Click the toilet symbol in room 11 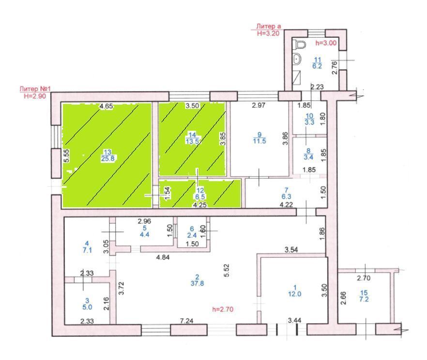[x=300, y=44]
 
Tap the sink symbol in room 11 [x=297, y=59]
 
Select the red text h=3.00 [x=326, y=43]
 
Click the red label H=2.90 [x=35, y=96]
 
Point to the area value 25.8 [x=107, y=158]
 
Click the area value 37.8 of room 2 [x=197, y=283]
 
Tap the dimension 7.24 [x=186, y=321]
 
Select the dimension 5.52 [x=226, y=270]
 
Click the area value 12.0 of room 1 [x=295, y=294]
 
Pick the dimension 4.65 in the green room [x=106, y=106]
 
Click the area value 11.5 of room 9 [x=259, y=141]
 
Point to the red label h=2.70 [x=223, y=309]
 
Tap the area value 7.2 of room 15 [x=364, y=299]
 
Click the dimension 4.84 [x=163, y=257]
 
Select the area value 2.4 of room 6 [x=192, y=235]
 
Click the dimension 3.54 [x=291, y=250]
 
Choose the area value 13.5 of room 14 [x=192, y=141]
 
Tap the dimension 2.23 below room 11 [x=317, y=87]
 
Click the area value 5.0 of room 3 [x=87, y=307]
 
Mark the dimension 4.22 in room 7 [x=287, y=205]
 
